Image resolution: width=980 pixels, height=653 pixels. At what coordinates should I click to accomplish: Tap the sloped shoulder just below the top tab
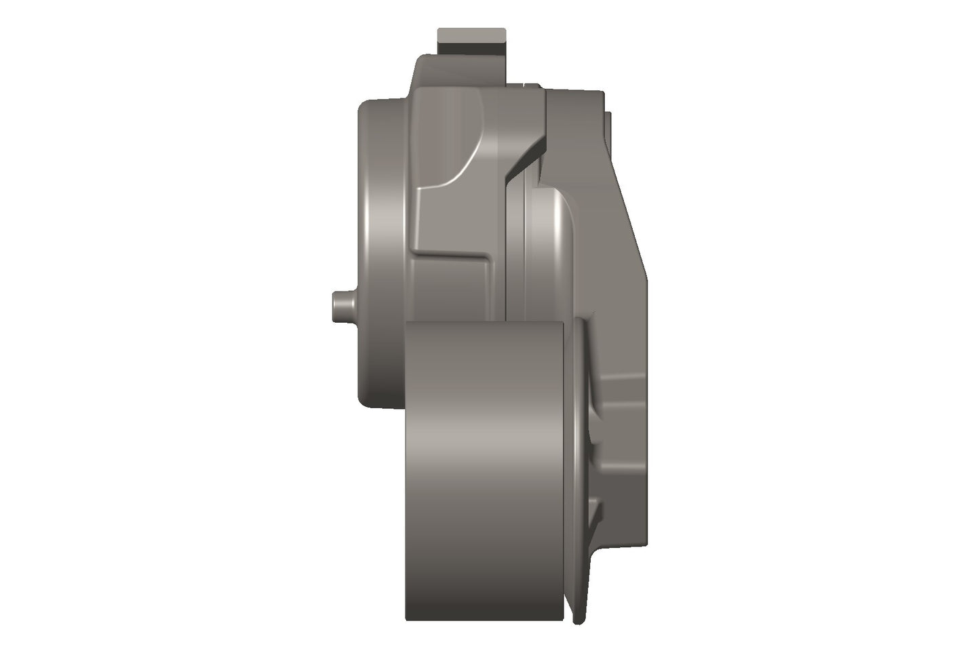(x=424, y=68)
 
